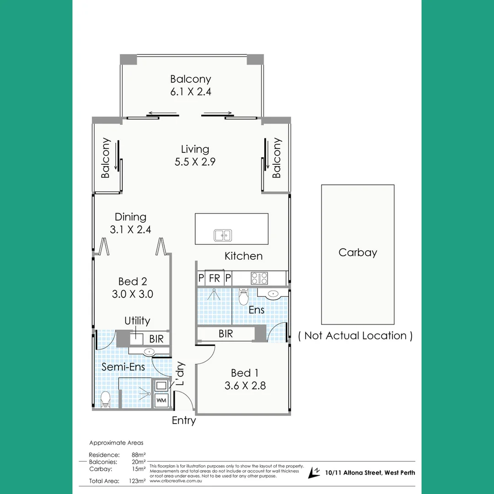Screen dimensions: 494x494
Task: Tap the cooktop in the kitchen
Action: click(259, 278)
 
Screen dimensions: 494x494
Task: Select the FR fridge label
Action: click(214, 278)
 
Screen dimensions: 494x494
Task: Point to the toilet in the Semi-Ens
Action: click(105, 399)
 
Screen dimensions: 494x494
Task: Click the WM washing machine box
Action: click(161, 400)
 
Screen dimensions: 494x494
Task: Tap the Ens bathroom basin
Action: click(273, 294)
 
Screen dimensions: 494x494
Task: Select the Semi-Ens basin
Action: click(150, 352)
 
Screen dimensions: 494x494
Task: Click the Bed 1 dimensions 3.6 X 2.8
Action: click(245, 386)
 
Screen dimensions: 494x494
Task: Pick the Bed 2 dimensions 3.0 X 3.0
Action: click(133, 294)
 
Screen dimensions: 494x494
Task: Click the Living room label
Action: click(195, 149)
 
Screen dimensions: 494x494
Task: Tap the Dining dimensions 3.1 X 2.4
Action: click(130, 230)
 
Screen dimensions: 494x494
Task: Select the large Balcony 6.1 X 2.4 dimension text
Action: click(191, 91)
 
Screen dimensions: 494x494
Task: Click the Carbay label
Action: click(358, 252)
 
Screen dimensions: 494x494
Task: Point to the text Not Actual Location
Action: click(355, 336)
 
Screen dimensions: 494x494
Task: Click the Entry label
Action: click(184, 420)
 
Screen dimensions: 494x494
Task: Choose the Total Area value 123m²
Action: click(137, 481)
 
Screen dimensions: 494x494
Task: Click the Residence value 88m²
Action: click(138, 455)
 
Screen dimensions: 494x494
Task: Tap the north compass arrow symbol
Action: click(314, 473)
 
